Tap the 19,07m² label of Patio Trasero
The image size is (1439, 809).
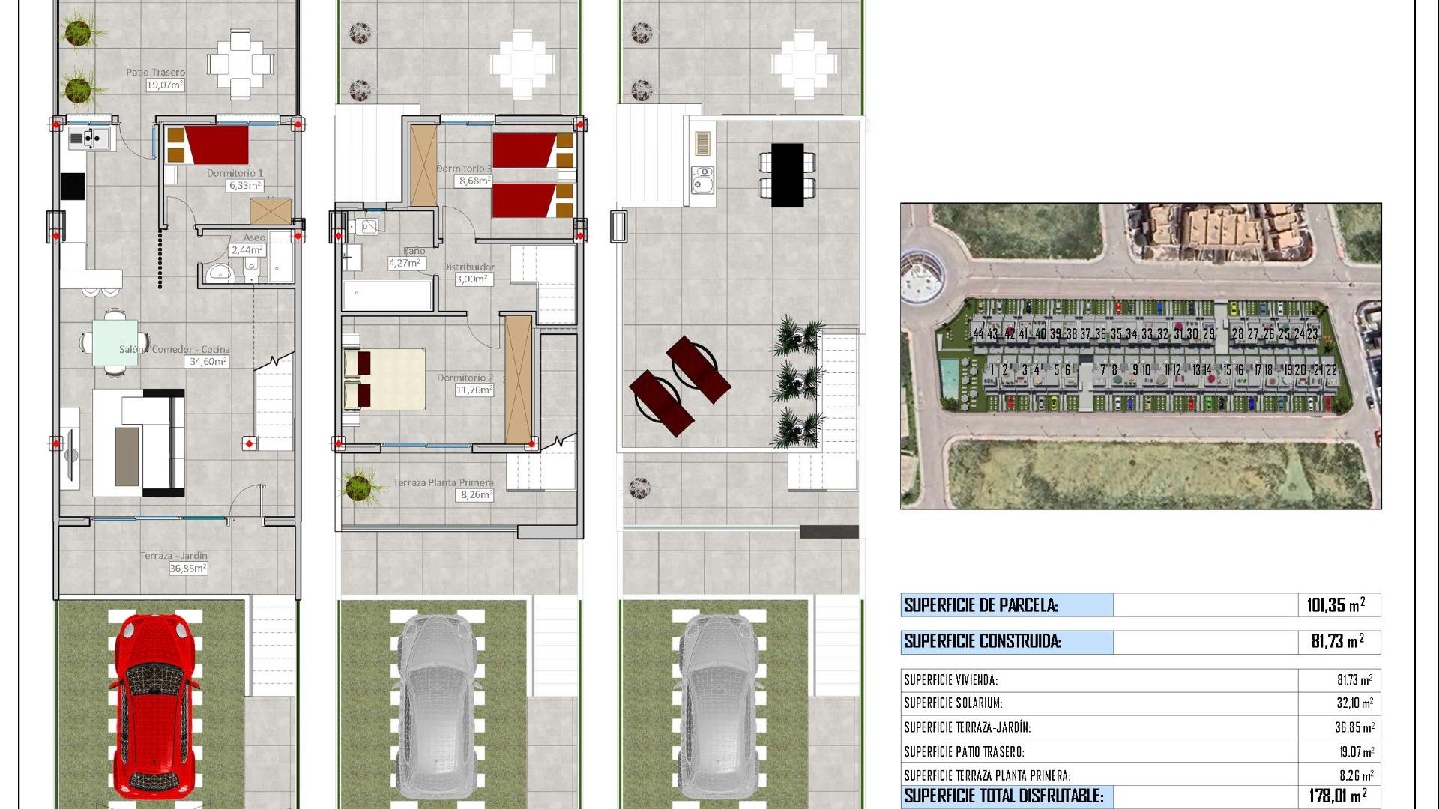point(165,85)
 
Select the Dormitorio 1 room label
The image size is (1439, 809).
point(235,173)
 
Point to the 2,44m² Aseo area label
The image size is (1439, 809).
point(247,250)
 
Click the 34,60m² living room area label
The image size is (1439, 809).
point(208,361)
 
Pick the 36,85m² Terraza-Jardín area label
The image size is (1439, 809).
point(187,569)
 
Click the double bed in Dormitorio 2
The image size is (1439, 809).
point(384,379)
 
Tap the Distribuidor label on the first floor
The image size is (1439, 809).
point(468,267)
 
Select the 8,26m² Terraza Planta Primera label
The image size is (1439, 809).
point(477,495)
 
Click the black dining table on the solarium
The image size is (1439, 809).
point(787,175)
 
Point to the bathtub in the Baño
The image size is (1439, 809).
point(387,294)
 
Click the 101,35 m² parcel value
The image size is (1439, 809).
point(1336,605)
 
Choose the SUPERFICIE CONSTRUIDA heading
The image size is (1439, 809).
point(983,641)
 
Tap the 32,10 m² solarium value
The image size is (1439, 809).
point(1354,703)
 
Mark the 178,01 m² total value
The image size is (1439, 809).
point(1337,796)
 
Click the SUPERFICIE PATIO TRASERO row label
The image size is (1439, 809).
point(964,751)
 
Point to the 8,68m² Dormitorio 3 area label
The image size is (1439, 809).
point(474,181)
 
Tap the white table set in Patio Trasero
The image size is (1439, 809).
point(241,64)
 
